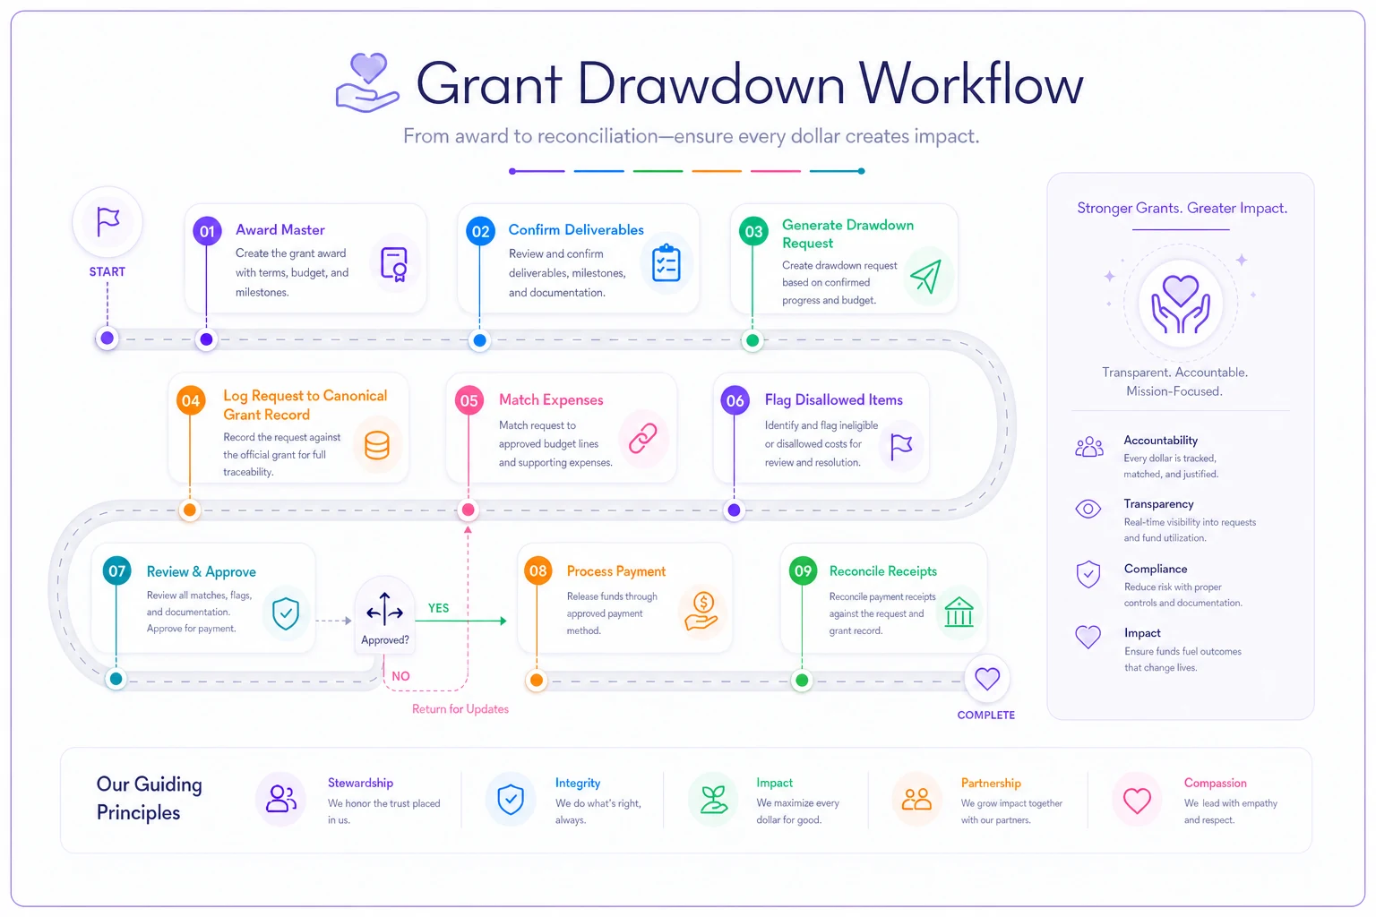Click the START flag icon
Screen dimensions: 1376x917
(107, 221)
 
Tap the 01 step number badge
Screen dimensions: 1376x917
(207, 232)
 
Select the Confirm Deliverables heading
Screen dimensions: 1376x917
(576, 230)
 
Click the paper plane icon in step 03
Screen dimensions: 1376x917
(925, 276)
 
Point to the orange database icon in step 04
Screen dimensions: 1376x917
(376, 445)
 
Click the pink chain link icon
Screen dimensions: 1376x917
(642, 439)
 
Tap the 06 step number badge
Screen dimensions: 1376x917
(735, 400)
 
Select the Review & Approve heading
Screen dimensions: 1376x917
(201, 572)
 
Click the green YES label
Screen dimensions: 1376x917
(439, 608)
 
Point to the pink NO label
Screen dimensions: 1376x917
(400, 676)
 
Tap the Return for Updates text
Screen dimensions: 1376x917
(460, 708)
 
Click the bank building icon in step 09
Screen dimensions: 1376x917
(959, 612)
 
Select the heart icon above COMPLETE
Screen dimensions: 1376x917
(987, 678)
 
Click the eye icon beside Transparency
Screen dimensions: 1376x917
(1088, 509)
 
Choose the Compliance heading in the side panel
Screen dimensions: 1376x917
(1156, 569)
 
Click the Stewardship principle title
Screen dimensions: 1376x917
(360, 783)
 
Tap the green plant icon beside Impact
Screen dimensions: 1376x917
(714, 800)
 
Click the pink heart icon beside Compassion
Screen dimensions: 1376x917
(1137, 801)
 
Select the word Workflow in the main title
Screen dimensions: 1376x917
(971, 84)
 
